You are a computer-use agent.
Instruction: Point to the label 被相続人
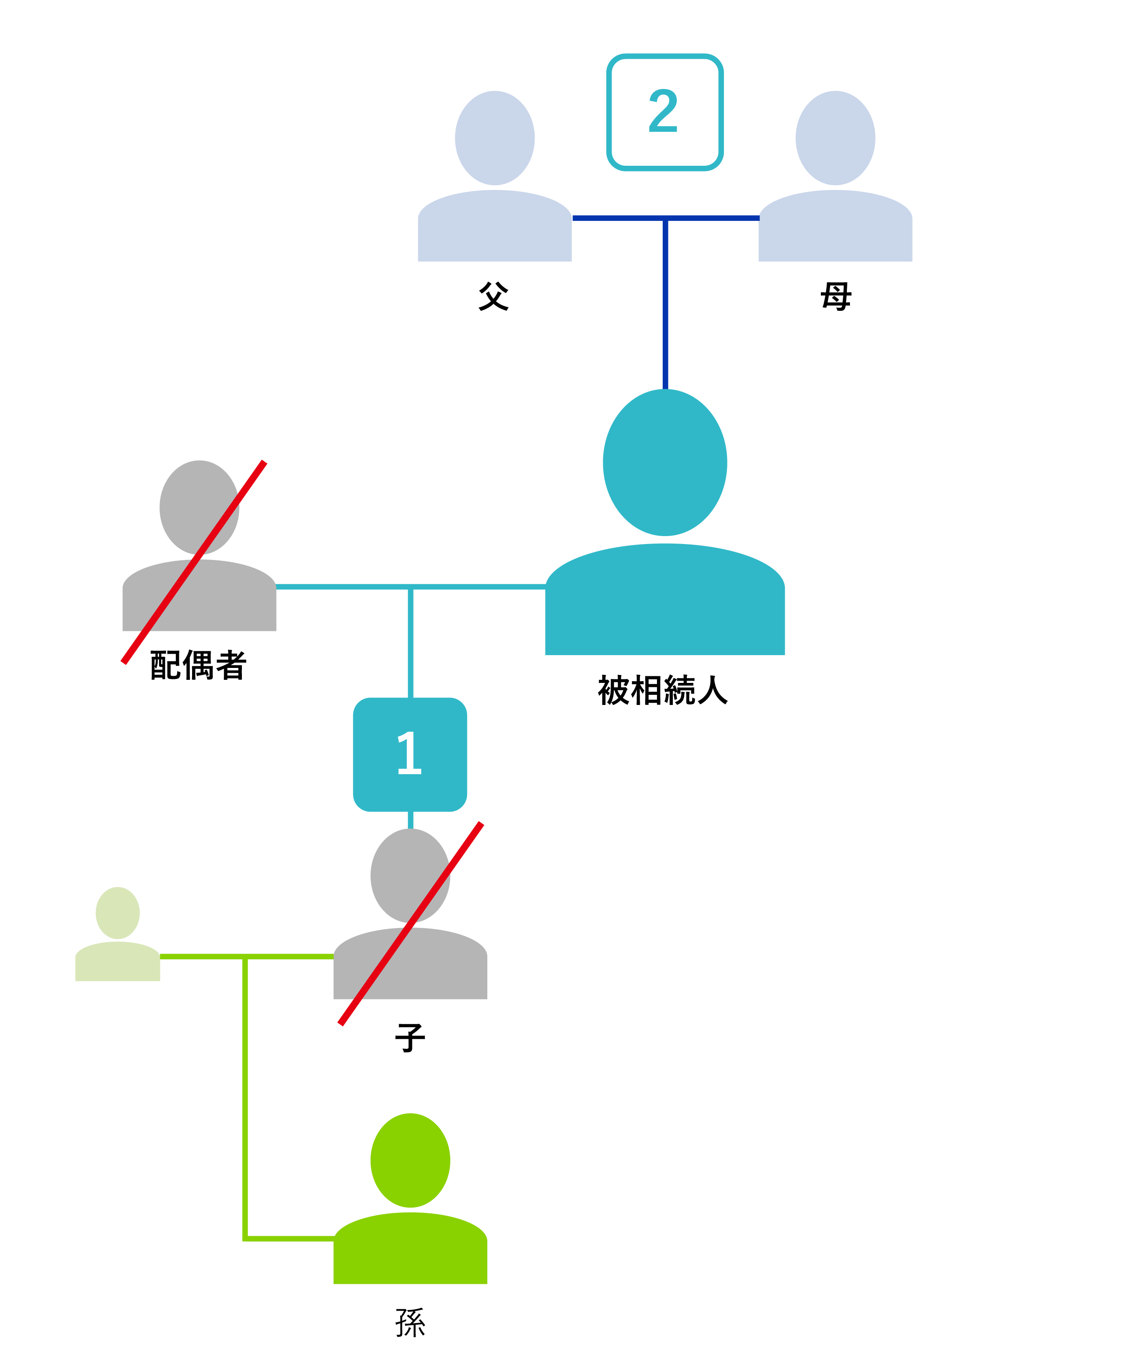(662, 690)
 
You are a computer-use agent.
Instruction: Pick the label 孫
(410, 1323)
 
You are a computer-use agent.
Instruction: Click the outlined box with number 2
(664, 112)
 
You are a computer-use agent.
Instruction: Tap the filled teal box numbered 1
(409, 755)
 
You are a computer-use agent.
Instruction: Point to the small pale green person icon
(118, 934)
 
